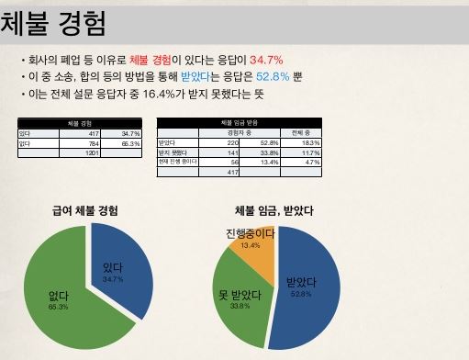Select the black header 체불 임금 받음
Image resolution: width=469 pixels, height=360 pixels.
click(x=240, y=123)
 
